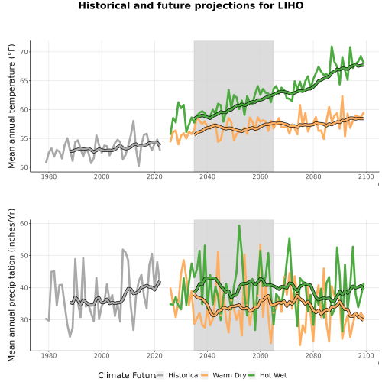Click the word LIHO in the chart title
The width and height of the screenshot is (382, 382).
pos(290,5)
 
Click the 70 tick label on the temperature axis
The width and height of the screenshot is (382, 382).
pos(24,52)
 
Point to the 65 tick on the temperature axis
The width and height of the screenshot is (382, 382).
pos(24,81)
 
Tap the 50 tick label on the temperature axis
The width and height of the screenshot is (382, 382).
pos(24,167)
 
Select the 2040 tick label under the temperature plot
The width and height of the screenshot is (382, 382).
pos(207,176)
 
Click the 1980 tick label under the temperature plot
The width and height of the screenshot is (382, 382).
pos(49,176)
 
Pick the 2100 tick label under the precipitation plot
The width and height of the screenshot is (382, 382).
pos(366,355)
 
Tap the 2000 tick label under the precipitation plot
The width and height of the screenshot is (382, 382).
pos(102,355)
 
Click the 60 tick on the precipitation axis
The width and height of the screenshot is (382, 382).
pos(24,224)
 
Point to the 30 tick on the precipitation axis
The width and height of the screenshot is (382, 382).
pos(24,320)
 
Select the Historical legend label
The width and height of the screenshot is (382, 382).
pos(184,375)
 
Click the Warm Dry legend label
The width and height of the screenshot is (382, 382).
pos(229,375)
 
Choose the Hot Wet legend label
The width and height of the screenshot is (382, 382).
pos(273,375)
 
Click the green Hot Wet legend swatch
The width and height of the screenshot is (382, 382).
pos(251,375)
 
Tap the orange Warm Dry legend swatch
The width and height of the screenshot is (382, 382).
pos(205,375)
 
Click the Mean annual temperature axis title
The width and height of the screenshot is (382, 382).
pos(11,106)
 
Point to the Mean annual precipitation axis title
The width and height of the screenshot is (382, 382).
pos(11,285)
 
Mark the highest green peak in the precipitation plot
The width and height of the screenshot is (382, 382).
pos(239,225)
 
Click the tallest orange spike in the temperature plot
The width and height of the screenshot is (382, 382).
pos(342,96)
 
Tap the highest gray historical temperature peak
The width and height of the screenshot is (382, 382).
pos(133,121)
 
